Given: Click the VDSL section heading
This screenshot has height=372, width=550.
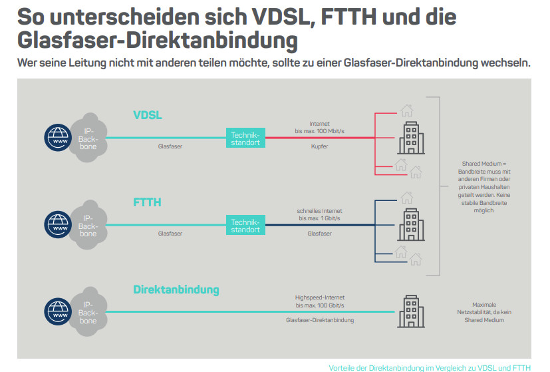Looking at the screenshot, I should pyautogui.click(x=148, y=116).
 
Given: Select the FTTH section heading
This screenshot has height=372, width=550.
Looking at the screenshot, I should pyautogui.click(x=147, y=202).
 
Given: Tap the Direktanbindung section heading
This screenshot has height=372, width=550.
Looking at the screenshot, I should pyautogui.click(x=176, y=289).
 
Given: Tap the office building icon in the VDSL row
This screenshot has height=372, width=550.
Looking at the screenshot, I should pyautogui.click(x=411, y=138).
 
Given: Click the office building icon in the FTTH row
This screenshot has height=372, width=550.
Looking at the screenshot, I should pyautogui.click(x=411, y=225).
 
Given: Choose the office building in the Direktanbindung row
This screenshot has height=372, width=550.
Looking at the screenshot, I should pyautogui.click(x=411, y=311).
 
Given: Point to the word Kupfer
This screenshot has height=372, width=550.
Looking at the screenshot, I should pyautogui.click(x=319, y=146).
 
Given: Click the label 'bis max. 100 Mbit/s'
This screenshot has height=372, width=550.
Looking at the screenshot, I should pyautogui.click(x=319, y=132).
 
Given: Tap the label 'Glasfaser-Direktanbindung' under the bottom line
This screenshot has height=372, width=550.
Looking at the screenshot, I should pyautogui.click(x=320, y=320).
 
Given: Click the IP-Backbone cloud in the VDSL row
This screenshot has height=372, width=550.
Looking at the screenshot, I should pyautogui.click(x=88, y=138).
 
